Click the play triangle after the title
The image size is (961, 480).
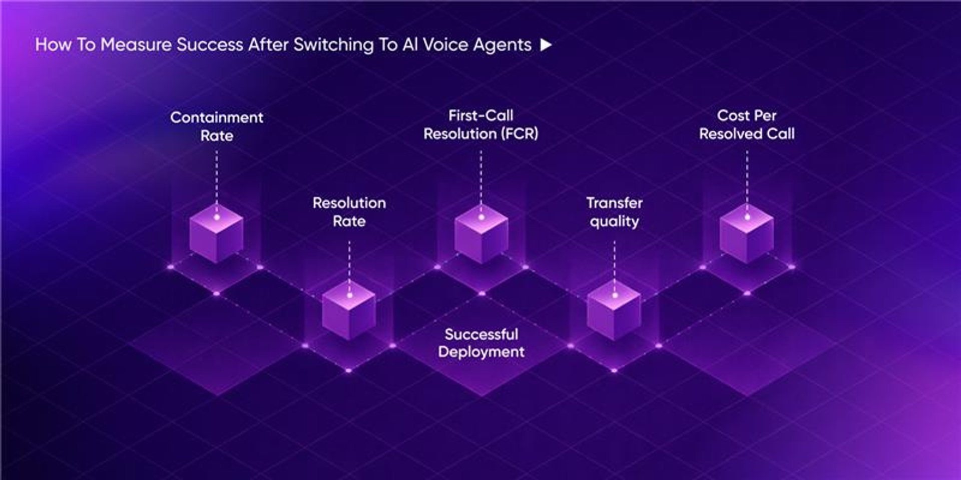546,45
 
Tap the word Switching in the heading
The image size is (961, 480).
333,45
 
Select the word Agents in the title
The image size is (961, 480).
502,45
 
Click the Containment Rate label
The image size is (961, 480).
217,126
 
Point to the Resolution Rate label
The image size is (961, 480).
349,212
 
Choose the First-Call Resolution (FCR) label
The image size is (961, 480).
481,124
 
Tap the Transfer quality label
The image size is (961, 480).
614,212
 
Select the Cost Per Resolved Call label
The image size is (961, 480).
747,124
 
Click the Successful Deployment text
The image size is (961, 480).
481,343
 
